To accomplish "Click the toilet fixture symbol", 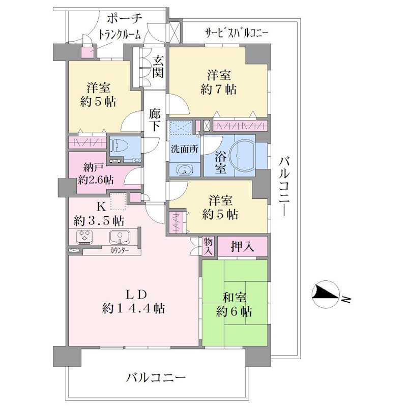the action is coord(117,147).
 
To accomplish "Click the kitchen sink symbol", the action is coord(120,238).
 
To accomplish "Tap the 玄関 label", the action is coord(158,67).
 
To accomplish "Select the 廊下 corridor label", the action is coord(155,120).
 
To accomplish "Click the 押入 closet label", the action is coord(242,247).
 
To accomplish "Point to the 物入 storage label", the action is coord(208,246).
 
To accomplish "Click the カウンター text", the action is coord(120,251).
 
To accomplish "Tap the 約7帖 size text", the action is coord(219,90).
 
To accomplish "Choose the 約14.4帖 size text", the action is coord(133,309).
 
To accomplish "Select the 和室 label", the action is coord(235,298).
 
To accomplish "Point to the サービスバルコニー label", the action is coord(236,33).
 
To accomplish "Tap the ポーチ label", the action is coord(125,19).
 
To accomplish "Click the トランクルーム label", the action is coord(120,35).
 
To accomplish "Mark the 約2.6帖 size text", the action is coord(96,180).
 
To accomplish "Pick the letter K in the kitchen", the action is coord(101,207).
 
